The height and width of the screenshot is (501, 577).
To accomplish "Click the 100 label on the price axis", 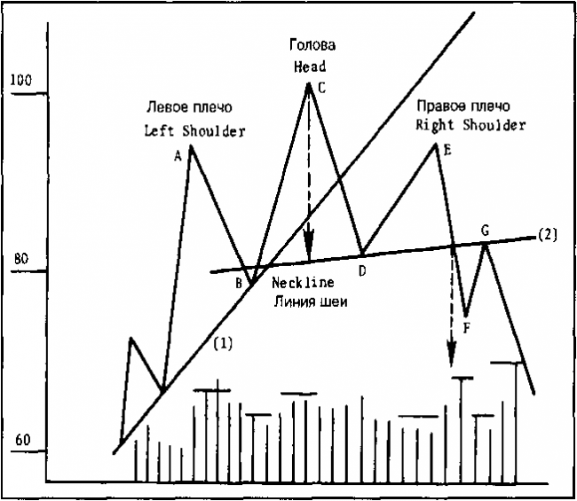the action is coord(21,80).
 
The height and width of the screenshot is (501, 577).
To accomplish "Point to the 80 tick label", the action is coord(21,259).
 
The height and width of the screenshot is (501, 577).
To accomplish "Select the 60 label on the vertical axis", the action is coord(23,439).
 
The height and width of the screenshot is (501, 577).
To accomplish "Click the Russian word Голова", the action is coord(312,45).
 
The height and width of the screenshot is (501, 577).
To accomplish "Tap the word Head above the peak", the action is coord(310,67).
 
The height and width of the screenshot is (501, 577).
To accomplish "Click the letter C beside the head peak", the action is coord(322,88).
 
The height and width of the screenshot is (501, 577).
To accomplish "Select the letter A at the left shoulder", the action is coord(178,157).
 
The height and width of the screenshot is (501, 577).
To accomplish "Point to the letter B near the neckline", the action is coord(239,283).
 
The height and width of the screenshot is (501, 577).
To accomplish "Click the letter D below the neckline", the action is coord(362,271).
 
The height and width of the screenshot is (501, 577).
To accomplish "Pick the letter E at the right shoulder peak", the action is coord(447,150).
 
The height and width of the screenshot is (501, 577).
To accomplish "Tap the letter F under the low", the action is coord(466,327).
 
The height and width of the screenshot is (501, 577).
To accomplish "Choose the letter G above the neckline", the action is coord(486,231).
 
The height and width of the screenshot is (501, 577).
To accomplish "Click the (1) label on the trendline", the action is coord(223,343).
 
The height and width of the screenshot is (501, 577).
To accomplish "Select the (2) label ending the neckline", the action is coord(548,234).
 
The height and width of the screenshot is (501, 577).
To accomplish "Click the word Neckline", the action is coord(303,282).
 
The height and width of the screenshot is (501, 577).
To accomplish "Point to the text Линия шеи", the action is coord(310,301).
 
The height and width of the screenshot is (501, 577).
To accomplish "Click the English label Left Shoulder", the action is coord(194,131).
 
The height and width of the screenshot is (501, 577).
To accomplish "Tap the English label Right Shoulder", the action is coord(470,125).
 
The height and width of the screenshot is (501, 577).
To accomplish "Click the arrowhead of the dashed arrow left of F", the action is coord(452,353).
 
